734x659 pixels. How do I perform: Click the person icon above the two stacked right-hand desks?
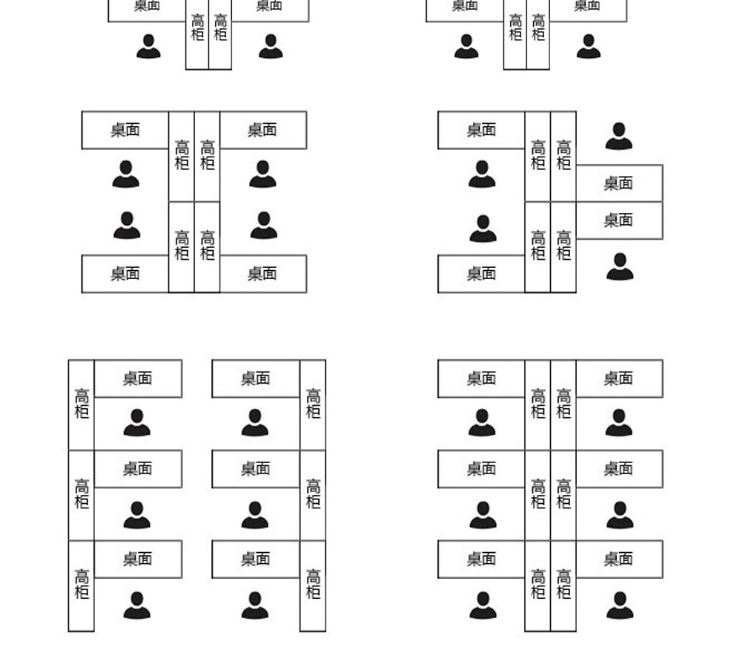point(619,137)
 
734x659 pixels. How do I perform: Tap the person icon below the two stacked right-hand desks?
point(620,266)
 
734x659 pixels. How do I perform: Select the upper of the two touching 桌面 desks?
point(618,183)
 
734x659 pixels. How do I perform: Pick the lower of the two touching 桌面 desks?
point(618,220)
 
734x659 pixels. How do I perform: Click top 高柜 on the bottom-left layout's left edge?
point(82,404)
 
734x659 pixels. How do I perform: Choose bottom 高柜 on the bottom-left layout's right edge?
point(313,585)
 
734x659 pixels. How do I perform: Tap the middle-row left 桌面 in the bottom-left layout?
point(137,469)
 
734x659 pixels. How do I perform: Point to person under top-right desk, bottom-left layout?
point(255,422)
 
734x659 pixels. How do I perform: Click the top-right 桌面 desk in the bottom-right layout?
point(618,378)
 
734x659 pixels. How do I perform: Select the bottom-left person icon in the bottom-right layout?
point(483,605)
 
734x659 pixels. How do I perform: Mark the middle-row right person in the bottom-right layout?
point(620,514)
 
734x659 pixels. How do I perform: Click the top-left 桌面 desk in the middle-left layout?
point(125,130)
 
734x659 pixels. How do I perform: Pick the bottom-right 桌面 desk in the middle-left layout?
point(262,274)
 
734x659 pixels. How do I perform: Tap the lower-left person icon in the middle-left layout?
point(127,226)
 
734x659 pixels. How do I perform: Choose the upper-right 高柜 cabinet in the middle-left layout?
point(208,156)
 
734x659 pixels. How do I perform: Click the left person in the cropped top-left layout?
point(148,46)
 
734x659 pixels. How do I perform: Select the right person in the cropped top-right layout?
point(589,46)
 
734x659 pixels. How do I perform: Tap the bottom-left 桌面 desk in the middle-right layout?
point(481,274)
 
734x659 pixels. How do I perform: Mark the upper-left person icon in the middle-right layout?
point(482,174)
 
